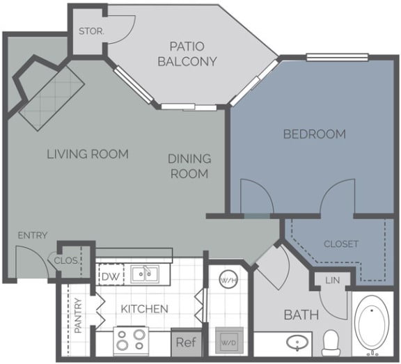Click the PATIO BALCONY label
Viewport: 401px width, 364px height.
[187, 54]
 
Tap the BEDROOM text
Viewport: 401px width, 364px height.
[314, 134]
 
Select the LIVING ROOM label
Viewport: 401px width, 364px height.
[88, 154]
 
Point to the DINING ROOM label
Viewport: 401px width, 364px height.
[189, 166]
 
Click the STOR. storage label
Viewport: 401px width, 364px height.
[91, 31]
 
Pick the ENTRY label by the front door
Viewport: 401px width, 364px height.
[33, 235]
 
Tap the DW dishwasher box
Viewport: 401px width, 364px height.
[111, 276]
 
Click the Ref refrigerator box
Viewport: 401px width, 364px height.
[184, 342]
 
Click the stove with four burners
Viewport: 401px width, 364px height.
[131, 340]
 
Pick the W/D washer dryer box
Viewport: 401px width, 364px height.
[227, 342]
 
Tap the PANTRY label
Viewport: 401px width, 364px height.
[78, 315]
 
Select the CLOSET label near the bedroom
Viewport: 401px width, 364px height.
[341, 244]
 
